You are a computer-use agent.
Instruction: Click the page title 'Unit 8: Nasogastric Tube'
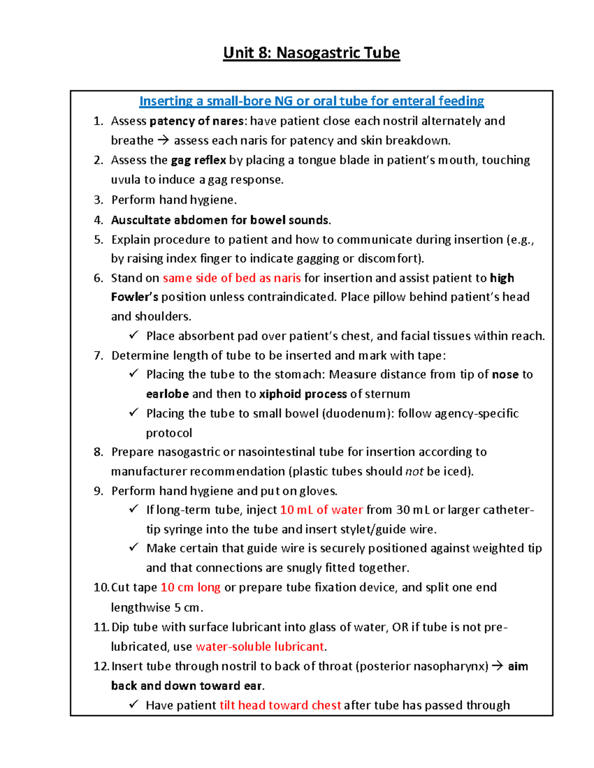pos(311,52)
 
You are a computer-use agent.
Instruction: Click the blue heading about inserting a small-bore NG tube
pos(311,101)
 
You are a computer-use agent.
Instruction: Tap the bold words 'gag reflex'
pos(198,160)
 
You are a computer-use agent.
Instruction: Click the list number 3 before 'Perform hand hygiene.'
pos(98,200)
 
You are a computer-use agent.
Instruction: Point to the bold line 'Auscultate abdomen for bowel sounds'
pos(220,220)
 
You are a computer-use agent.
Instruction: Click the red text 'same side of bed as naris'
pos(232,278)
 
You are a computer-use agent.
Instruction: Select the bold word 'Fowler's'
pos(135,297)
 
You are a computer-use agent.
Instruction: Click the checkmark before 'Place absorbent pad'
pos(134,335)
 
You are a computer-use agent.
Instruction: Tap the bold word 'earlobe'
pos(167,394)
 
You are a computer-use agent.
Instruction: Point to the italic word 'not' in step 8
pos(414,472)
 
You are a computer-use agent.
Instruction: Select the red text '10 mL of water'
pos(321,510)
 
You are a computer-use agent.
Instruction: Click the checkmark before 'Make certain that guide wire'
pos(134,547)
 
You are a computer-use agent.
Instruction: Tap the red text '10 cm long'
pos(191,587)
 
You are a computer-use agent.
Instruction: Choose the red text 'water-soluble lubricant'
pos(260,647)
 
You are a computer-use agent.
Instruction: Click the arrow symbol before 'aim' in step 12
pos(498,666)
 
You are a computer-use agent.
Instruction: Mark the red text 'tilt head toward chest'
pos(280,705)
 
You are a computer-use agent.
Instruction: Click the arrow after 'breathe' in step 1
pos(163,141)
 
